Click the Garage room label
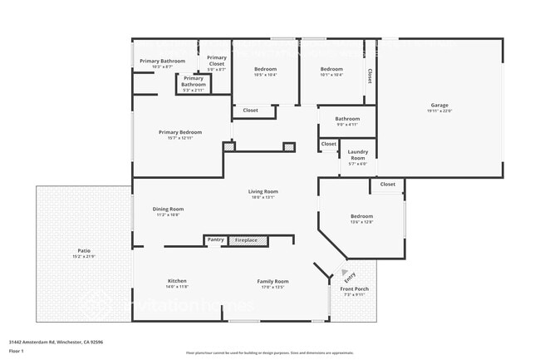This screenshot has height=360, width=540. click(439, 106)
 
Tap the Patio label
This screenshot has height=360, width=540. click(84, 249)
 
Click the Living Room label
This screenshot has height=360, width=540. click(262, 192)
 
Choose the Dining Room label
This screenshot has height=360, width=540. click(168, 210)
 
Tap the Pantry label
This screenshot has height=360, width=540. click(215, 240)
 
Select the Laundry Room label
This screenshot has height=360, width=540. click(358, 155)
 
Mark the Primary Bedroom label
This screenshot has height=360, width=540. click(180, 132)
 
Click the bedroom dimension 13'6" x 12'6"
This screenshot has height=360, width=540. click(361, 222)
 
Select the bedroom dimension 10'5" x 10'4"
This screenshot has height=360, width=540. click(265, 75)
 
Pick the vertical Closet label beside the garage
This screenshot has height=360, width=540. click(370, 76)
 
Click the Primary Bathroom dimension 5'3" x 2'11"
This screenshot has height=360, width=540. click(194, 90)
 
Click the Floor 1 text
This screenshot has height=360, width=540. click(17, 352)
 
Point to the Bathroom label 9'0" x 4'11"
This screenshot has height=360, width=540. click(347, 125)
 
